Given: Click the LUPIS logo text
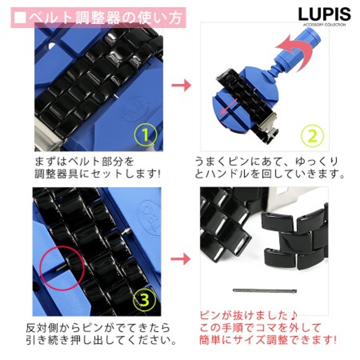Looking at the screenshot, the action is [324, 14].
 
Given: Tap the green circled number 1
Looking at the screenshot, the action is [146, 134].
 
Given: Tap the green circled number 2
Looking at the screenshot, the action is [312, 136].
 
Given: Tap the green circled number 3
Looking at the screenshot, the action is [145, 299].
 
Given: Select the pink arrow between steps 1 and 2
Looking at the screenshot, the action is [181, 85].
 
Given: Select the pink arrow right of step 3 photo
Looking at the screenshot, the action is [181, 259].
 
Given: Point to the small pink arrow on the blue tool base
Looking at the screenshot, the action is [229, 107].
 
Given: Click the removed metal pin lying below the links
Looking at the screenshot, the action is [264, 291].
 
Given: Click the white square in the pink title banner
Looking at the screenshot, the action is [20, 18].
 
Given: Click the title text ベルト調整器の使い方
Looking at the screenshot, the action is [106, 18].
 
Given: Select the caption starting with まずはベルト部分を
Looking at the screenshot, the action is [98, 168].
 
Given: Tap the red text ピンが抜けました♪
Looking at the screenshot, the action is [248, 316].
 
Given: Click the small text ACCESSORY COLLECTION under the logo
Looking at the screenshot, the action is [324, 24].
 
